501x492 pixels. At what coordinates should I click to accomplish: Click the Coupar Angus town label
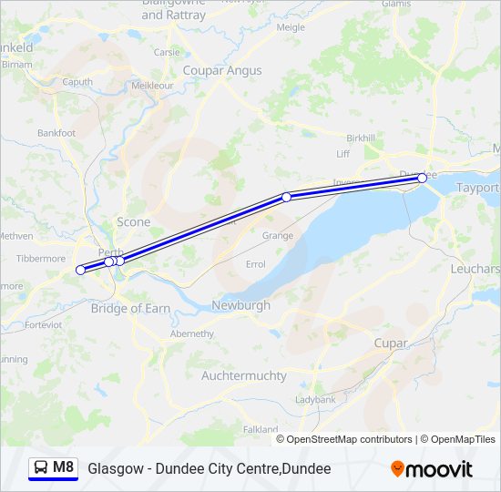tap(221, 70)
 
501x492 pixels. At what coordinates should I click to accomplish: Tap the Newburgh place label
tap(240, 305)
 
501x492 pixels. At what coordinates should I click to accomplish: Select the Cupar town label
tap(391, 343)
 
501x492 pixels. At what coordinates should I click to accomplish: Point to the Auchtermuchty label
tap(243, 375)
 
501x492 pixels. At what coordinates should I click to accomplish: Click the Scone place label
tap(133, 222)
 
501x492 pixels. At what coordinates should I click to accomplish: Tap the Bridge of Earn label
tap(130, 309)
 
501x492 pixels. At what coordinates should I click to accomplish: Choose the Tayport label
tap(477, 188)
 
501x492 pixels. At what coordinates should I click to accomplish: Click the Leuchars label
tap(475, 269)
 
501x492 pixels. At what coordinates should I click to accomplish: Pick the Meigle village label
tap(291, 27)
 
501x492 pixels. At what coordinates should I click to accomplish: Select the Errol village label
tap(256, 264)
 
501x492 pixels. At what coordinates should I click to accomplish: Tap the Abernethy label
tap(191, 333)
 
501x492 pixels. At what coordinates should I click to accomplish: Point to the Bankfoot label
tap(56, 133)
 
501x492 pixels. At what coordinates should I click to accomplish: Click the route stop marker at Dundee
tap(422, 179)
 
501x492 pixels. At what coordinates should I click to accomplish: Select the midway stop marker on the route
tap(286, 197)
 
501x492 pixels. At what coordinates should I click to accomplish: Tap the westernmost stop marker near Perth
tap(80, 270)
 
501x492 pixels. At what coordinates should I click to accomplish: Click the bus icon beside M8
tap(41, 467)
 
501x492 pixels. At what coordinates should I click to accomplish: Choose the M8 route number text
tap(63, 467)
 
